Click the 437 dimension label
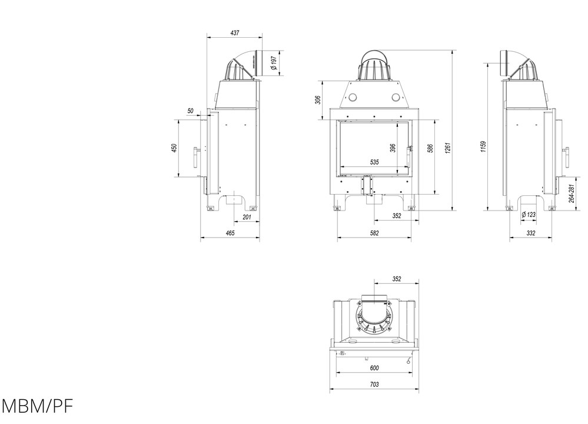point(235,33)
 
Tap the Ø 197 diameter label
point(274,63)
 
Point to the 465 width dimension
point(230,234)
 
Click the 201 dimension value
point(247,218)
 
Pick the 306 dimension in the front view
point(318,100)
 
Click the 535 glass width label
point(374,162)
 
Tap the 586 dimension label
point(430,148)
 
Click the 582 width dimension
point(374,234)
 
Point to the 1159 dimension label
point(483,146)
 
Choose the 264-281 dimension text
point(571,193)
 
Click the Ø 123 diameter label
point(529,215)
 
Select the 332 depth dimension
point(530,234)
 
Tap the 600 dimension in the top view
point(374,368)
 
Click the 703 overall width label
point(374,384)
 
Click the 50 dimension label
point(190,111)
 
